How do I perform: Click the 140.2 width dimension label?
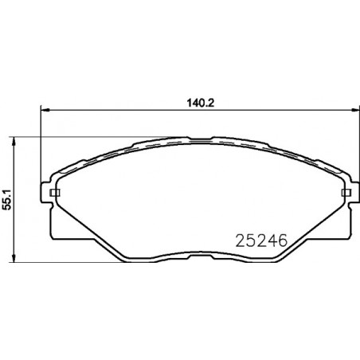(201, 103)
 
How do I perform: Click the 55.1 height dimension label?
(7, 200)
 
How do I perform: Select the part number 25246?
(261, 241)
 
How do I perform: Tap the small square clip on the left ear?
(55, 193)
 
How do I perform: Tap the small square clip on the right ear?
(346, 193)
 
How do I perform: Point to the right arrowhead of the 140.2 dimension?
(355, 110)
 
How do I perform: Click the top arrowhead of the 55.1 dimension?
(14, 142)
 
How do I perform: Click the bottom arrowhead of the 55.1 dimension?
(14, 258)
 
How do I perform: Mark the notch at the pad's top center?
(201, 139)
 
